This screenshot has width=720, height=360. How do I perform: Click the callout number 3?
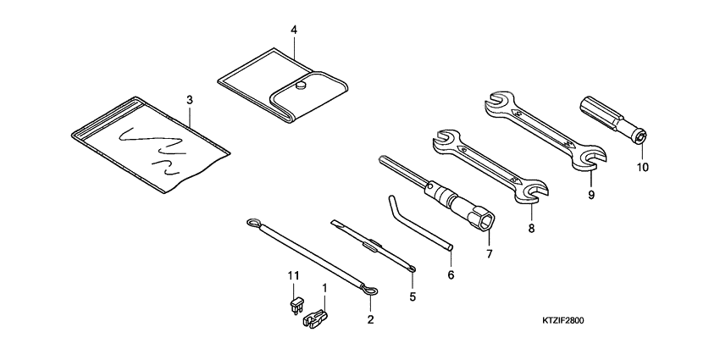190,100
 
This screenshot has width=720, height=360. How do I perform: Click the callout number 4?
293,30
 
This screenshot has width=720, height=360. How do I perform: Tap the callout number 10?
642,167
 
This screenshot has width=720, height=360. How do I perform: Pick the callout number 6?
451,275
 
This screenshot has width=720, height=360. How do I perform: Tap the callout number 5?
412,296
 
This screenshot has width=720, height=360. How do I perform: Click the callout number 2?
370,319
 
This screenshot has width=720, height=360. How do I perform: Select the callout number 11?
293,275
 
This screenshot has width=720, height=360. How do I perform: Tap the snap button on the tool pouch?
302,85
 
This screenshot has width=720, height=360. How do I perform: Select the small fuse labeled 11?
295,305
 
